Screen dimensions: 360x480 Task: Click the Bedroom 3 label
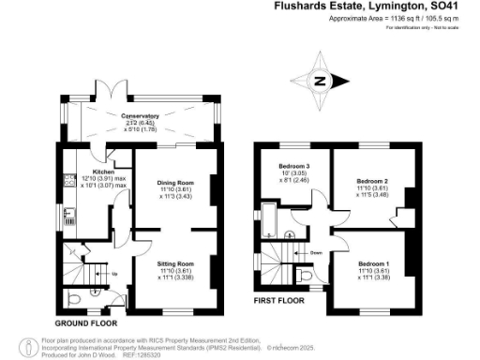tap(286, 167)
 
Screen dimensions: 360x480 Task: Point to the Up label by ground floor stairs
tap(114, 275)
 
